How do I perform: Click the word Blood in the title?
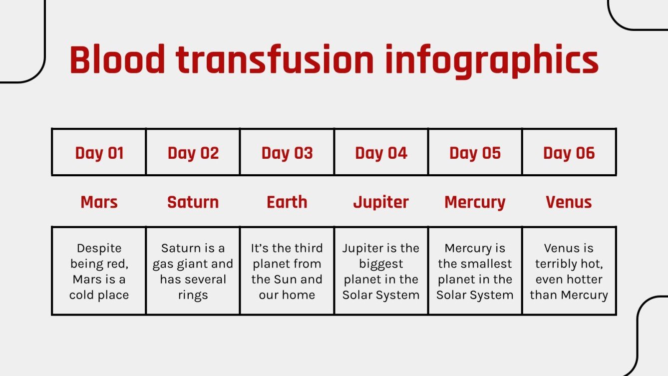point(117,60)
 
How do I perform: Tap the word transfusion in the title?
point(275,60)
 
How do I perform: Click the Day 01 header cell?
point(99,153)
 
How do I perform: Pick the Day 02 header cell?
point(193,153)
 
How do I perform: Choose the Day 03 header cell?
point(287,153)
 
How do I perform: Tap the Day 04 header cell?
point(381,153)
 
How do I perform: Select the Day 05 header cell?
point(475,153)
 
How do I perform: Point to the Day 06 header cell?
point(569,153)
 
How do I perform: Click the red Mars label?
point(99,202)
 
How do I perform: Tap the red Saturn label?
point(193,202)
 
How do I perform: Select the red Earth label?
point(287,202)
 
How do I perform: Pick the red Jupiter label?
point(381,202)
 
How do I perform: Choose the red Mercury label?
point(475,202)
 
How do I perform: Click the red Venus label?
point(569,202)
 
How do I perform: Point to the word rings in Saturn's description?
point(193,295)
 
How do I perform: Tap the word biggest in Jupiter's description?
point(381,264)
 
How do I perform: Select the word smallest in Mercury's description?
point(487,264)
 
